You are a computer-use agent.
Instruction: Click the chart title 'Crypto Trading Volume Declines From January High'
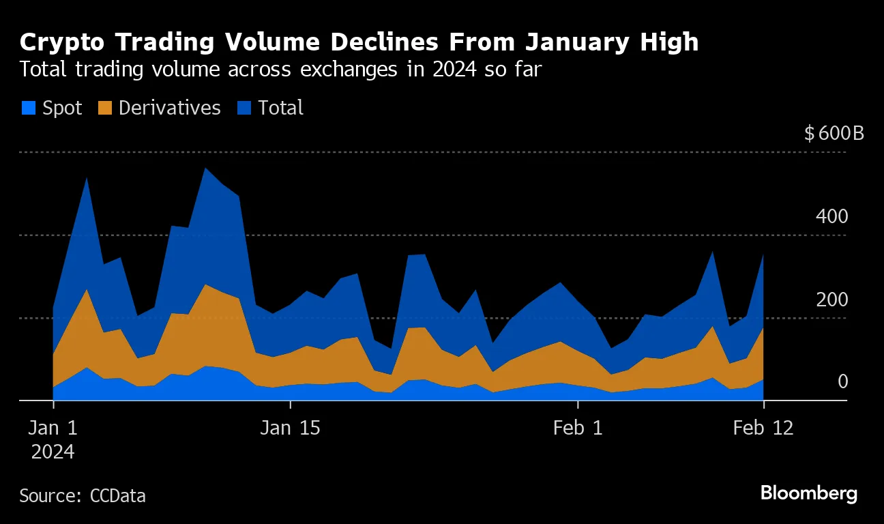pos(359,42)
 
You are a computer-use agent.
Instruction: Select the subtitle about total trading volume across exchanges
pos(280,70)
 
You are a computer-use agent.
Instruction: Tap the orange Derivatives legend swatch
pos(105,108)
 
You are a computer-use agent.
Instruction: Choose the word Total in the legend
pos(280,108)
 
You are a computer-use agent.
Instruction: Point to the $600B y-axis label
pos(834,133)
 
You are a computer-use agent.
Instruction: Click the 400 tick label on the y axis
pos(831,217)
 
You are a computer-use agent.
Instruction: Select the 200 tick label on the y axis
pos(831,300)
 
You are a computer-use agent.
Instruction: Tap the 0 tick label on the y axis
pos(842,382)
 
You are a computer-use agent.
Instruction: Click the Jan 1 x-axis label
pos(54,428)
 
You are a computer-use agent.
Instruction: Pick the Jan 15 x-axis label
pos(291,428)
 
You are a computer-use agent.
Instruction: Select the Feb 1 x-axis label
pos(578,428)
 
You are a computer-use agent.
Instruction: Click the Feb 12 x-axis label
pos(763,428)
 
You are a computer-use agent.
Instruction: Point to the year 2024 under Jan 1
pos(53,452)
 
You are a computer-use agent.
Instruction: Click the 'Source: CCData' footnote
pos(82,495)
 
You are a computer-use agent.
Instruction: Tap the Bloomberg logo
pos(808,493)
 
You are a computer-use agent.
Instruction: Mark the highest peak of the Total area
pos(205,169)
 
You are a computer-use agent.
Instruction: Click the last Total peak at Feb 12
pos(763,255)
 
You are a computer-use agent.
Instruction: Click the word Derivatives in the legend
pos(169,108)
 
